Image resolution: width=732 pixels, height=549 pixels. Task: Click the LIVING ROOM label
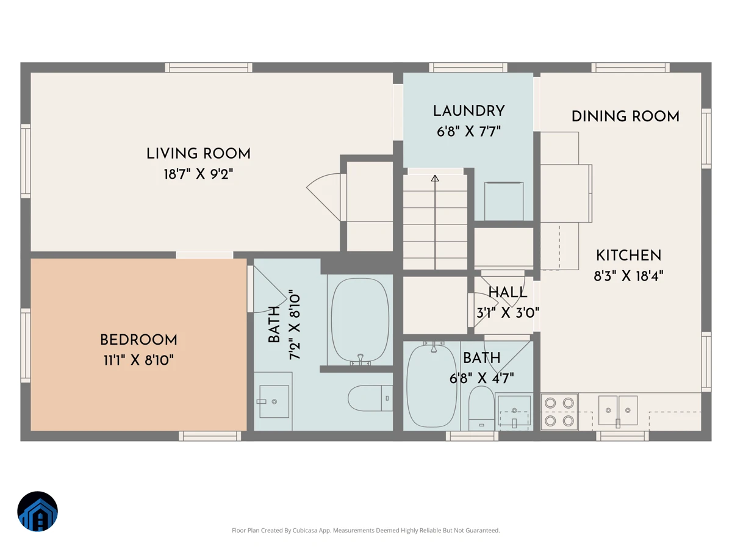point(198,154)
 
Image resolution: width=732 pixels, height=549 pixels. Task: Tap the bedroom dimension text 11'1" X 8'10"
point(138,361)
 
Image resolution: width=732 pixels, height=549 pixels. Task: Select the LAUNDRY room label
point(469,111)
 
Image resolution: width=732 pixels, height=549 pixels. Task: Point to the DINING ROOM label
point(625,117)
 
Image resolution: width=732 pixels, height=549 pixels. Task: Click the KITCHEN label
point(629,256)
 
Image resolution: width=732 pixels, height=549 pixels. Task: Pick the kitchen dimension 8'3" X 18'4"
point(629,276)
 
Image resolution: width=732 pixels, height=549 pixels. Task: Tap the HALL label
point(508,293)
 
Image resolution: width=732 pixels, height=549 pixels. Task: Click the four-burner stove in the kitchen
point(559,412)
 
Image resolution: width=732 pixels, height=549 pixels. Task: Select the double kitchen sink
point(618,411)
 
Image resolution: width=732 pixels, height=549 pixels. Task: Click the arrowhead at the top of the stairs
point(435,178)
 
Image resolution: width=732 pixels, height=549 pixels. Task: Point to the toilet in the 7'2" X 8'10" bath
point(370,398)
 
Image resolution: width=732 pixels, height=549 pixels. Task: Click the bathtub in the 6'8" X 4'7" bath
point(432,386)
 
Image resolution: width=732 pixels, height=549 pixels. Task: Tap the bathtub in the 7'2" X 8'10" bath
point(360,320)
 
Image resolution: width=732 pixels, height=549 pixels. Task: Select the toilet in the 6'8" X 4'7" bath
point(481,408)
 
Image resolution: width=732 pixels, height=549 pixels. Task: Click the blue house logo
point(38,511)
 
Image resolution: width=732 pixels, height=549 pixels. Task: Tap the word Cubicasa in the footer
point(306,530)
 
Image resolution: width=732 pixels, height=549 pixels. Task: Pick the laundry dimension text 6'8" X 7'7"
point(469,132)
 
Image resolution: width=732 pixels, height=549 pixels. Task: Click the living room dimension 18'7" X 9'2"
point(198,174)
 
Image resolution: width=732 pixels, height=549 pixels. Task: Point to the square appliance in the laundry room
point(504,201)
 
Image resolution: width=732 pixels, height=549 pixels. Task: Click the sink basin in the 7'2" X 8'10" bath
point(274,401)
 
